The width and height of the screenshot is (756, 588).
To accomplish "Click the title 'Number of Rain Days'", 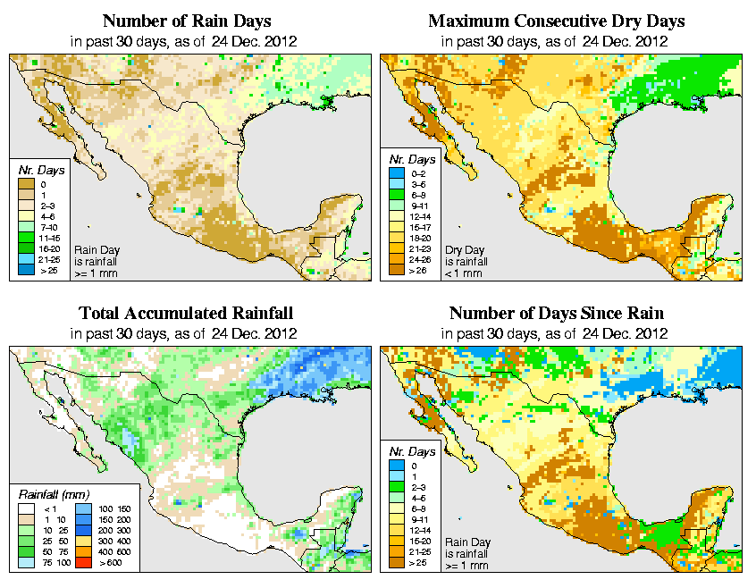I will pos(186,21).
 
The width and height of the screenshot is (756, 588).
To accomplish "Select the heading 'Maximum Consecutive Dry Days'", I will pos(557,21).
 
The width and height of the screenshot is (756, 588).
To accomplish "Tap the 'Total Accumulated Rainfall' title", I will pos(186,314).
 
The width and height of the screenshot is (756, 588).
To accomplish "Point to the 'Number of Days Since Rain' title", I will pos(557,314).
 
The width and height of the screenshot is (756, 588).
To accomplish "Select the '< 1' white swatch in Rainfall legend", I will pos(27,508).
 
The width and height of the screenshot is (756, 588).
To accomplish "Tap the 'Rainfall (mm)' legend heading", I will pos(52,493).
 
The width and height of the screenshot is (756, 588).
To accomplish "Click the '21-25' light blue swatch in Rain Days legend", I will pos(27,258).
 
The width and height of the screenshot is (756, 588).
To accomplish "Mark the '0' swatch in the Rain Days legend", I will pos(27,184).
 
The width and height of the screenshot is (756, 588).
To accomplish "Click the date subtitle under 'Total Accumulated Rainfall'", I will pos(186,334).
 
